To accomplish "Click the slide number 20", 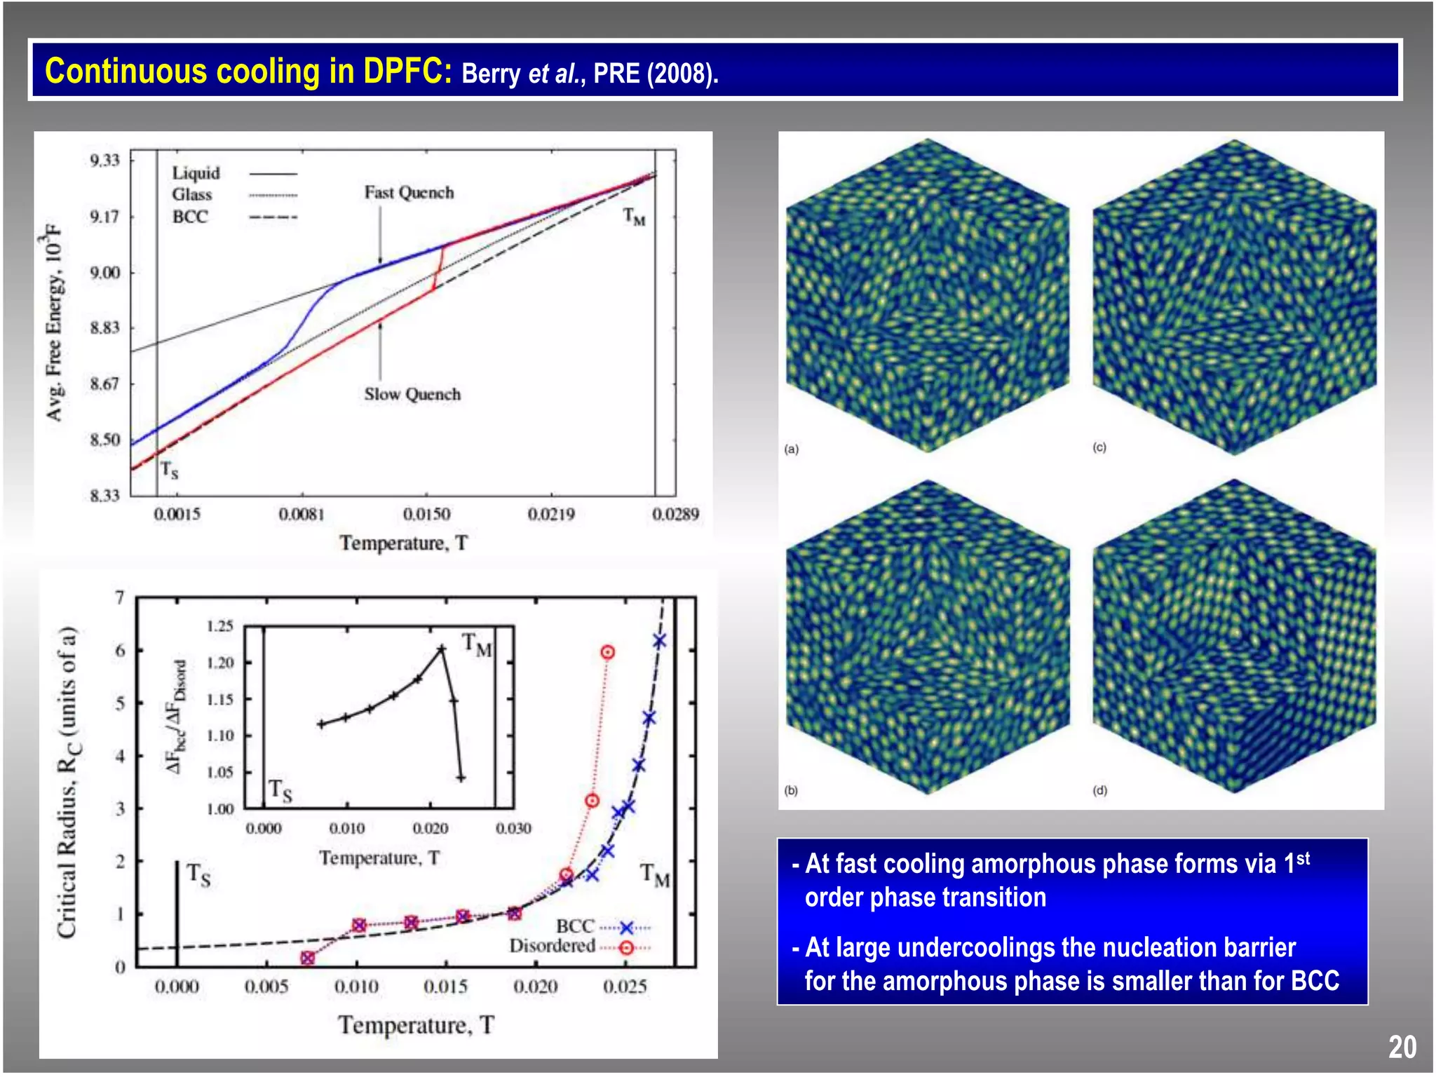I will coord(1402,1048).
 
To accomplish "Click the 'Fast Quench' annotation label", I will coord(409,192).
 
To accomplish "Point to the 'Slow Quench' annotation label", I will coord(412,394).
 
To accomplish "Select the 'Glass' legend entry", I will coord(192,195).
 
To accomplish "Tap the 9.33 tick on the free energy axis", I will coord(105,161).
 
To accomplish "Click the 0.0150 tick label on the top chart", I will coord(426,515).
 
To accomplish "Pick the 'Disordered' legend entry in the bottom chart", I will coord(553,946).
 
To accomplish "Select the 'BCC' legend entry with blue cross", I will coord(576,926).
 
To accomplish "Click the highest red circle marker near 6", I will coord(607,652).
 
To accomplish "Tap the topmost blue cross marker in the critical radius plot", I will coord(659,640).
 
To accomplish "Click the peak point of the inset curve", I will coord(441,649).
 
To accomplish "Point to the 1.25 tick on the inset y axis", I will coord(219,626).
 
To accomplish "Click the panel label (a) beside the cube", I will coord(792,449).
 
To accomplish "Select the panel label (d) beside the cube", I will coord(1099,790).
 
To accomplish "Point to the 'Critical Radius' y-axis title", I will coord(68,782).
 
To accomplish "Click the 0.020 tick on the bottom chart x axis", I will coord(535,987).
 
